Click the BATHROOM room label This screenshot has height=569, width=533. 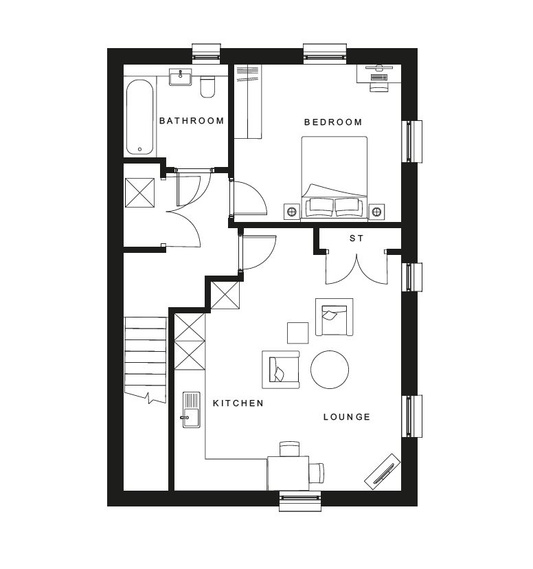pyautogui.click(x=192, y=120)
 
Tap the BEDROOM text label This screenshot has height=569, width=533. pyautogui.click(x=333, y=122)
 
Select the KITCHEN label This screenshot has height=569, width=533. pyautogui.click(x=238, y=403)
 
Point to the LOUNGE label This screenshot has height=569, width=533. pyautogui.click(x=347, y=417)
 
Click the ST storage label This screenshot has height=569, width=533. pyautogui.click(x=356, y=238)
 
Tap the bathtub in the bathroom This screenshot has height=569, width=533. pyautogui.click(x=140, y=117)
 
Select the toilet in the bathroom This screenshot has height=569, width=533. pyautogui.click(x=207, y=87)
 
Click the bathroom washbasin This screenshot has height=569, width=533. pyautogui.click(x=180, y=77)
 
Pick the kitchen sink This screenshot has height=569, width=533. pyautogui.click(x=191, y=410)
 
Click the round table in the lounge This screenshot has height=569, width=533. pyautogui.click(x=330, y=370)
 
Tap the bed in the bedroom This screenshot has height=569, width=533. pyautogui.click(x=334, y=178)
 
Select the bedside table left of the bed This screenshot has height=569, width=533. pyautogui.click(x=291, y=211)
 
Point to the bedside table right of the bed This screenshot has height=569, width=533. pyautogui.click(x=376, y=211)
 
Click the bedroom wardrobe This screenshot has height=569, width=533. pyautogui.click(x=248, y=101)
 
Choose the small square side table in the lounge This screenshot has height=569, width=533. pyautogui.click(x=297, y=333)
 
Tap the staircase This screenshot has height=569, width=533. pyautogui.click(x=146, y=360)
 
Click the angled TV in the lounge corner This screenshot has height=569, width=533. pyautogui.click(x=383, y=471)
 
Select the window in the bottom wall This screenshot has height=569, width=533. pyautogui.click(x=300, y=501)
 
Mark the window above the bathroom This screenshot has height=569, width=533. pyautogui.click(x=206, y=52)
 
